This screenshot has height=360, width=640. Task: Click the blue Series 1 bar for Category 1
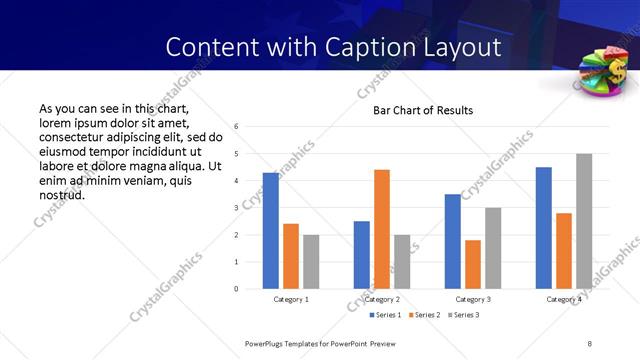point(271,231)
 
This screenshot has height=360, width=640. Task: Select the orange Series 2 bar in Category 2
point(382,229)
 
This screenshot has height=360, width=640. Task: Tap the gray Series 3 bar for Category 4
point(584,221)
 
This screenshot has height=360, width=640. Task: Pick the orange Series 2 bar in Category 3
point(473,264)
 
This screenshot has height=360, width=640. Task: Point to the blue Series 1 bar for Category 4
point(544,228)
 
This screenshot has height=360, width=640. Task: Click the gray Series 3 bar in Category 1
point(311,262)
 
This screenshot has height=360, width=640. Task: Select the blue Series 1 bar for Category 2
point(362,255)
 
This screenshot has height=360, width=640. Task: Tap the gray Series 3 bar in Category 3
point(493,248)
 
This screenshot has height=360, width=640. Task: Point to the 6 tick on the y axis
point(235,127)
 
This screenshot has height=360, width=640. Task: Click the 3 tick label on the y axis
point(235,208)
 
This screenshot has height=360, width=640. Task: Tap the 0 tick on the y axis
point(235,289)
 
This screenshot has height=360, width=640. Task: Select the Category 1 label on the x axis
point(291,299)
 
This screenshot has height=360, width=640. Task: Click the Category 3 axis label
point(473,299)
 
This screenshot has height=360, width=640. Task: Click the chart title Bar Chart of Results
point(423,110)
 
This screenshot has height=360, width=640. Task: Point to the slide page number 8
point(590,343)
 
